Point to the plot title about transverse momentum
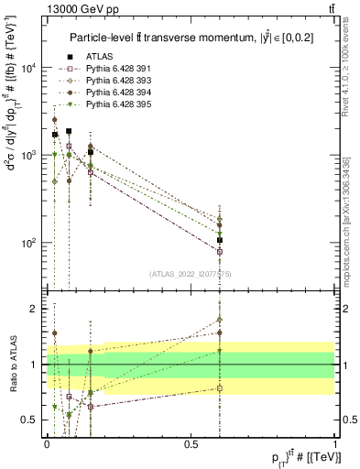(191, 38)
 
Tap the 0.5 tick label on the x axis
(191, 444)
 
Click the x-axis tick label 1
(335, 444)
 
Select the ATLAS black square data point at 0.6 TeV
(220, 240)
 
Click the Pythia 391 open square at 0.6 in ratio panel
(220, 388)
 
